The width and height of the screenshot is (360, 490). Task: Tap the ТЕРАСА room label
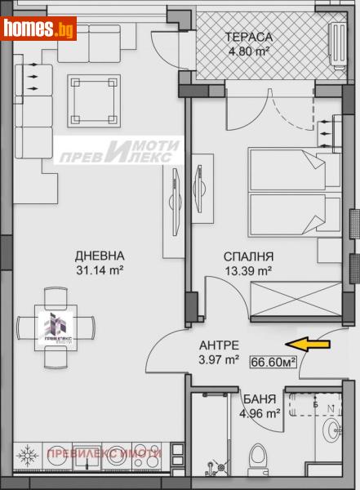tap(249, 37)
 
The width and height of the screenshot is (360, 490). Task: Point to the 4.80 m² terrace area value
tap(249, 51)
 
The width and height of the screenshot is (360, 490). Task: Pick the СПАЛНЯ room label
tap(248, 255)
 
